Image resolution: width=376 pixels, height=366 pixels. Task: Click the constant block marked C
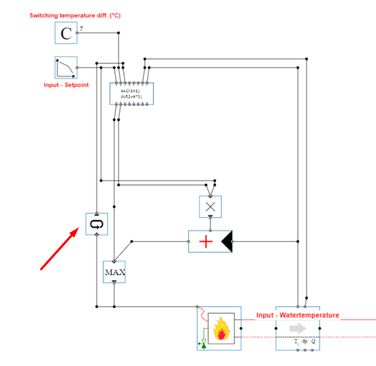66,33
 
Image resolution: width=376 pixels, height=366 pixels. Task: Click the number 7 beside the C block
81,29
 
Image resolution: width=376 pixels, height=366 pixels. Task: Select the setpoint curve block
66,68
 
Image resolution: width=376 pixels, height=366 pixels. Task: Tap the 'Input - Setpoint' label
66,85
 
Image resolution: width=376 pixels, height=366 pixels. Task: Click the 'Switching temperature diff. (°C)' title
75,16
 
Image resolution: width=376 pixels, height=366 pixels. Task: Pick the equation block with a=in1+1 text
132,94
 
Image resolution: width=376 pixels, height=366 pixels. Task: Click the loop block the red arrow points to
97,224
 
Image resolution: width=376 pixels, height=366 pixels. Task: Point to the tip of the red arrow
79,228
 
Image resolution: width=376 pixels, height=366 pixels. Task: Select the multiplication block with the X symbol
210,207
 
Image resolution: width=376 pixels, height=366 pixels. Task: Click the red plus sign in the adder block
206,242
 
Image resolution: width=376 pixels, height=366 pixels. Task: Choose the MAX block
114,272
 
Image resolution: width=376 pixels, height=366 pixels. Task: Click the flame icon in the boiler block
221,329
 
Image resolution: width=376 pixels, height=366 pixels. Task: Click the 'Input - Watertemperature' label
298,315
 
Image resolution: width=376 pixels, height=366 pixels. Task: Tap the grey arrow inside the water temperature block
297,329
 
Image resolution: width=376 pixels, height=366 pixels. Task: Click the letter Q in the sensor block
313,341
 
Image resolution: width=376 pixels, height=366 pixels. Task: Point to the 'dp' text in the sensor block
305,341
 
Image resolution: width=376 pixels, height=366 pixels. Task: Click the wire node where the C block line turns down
119,33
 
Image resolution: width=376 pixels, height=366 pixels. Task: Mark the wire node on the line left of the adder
132,242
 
